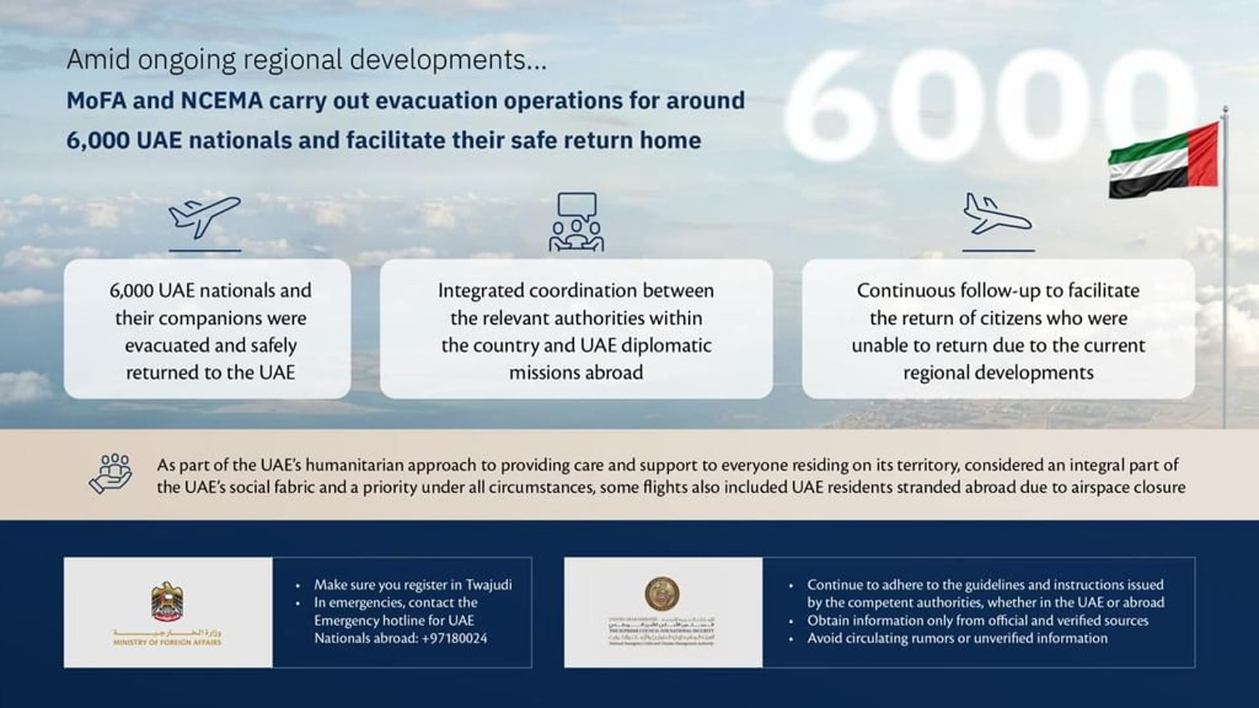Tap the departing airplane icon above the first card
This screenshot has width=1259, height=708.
coord(204,216)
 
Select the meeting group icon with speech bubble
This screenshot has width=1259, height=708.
coord(576,223)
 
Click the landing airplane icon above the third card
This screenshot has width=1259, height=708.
coord(996,214)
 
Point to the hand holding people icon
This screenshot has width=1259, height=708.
coord(111,473)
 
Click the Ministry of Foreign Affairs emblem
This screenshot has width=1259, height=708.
coord(167,602)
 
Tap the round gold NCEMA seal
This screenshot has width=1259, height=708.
coord(662,593)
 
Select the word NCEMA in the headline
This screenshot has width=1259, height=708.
coord(222,101)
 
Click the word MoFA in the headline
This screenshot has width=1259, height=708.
coord(99,101)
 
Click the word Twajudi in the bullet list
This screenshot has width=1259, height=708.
coord(489,585)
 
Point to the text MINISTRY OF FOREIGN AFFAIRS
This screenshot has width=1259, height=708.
coord(167,642)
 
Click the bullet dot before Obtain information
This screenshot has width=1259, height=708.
coord(791,621)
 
